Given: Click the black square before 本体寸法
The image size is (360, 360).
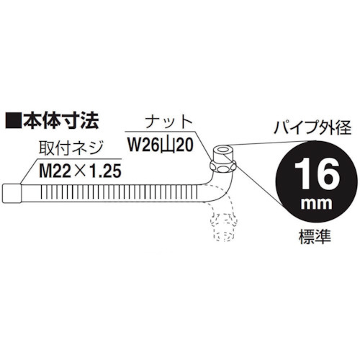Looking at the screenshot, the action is [14, 120].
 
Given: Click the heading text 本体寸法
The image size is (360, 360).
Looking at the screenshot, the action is [60, 120].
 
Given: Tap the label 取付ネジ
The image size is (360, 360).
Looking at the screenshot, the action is [71, 148].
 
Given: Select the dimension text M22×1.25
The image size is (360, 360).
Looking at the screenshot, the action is [80, 171].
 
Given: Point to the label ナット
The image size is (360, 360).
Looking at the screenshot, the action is [170, 122].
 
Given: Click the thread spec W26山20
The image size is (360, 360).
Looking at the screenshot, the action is [161, 145].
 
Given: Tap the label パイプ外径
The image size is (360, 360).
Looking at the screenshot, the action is [312, 127].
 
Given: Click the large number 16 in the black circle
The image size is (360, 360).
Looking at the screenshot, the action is [317, 174].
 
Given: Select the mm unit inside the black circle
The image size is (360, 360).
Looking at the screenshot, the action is [317, 204].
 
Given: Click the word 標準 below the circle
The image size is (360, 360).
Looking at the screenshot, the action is [315, 236].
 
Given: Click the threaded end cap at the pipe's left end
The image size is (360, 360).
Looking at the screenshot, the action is [12, 194].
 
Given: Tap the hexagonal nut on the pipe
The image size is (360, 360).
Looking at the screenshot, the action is [223, 166].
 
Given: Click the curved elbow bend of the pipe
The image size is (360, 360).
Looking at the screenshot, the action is [219, 189].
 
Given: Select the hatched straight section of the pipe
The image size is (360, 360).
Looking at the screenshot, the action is [120, 194].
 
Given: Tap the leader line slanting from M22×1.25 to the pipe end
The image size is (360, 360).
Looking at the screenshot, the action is [29, 171].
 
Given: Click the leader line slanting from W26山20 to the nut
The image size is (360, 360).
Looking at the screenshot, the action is [203, 146].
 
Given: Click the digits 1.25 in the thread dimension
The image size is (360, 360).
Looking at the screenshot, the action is [107, 171].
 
